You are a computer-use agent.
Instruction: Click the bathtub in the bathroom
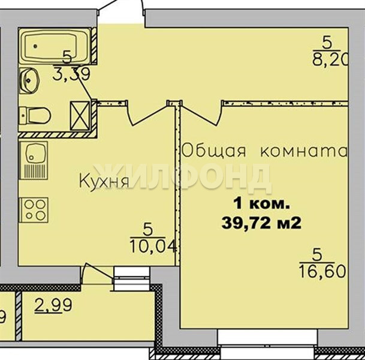(55, 46)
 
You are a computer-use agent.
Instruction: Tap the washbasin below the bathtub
(29, 80)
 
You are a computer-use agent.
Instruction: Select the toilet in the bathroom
(35, 115)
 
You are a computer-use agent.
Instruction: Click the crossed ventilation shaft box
(80, 116)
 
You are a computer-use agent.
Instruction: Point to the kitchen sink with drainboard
(34, 160)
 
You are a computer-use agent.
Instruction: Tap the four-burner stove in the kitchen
(34, 210)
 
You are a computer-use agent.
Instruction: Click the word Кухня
(104, 181)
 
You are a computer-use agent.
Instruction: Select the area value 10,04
(153, 246)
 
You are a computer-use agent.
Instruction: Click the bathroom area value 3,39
(71, 74)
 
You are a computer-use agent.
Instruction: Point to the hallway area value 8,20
(330, 60)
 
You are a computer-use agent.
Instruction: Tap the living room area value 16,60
(322, 271)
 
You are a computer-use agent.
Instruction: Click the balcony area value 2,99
(53, 305)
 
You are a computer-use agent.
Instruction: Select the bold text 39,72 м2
(261, 223)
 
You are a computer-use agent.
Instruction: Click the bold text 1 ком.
(262, 205)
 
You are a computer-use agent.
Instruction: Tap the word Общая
(213, 150)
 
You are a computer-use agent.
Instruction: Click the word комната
(304, 151)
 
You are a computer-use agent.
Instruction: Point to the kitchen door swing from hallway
(147, 113)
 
